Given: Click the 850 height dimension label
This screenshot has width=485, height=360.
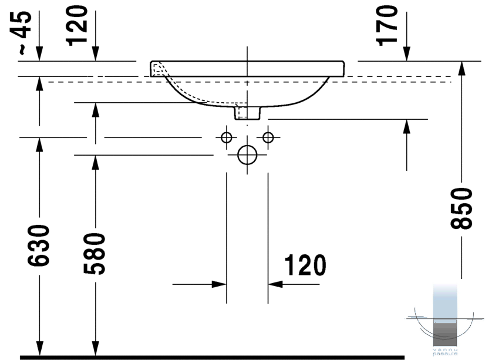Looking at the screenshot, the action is pos(462,208).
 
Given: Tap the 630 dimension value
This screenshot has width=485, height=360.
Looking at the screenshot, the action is pos(39,246).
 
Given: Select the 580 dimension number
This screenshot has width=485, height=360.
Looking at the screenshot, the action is pos(95,254).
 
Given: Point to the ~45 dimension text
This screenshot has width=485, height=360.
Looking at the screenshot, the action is pos(23,32).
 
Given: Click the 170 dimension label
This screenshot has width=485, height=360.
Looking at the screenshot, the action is pos(386,26).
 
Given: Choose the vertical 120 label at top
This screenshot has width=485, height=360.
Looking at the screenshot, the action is pos(77,26).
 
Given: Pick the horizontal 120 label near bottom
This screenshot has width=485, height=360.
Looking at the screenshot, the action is pos(305,265).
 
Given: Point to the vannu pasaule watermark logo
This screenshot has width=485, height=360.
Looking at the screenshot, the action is pos(445,320).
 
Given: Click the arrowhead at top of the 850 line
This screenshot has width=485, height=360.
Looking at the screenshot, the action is pos(462,68).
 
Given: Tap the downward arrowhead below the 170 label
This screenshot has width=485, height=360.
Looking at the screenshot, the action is pos(406,54).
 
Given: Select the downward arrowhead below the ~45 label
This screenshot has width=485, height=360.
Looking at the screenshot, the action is pos(39,54).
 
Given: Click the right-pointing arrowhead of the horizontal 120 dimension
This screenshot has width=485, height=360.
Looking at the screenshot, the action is pos(219,284).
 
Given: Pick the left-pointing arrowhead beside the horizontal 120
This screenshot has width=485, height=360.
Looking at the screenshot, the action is pos(275,284).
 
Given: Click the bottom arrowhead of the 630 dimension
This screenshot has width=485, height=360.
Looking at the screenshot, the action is pos(39,349).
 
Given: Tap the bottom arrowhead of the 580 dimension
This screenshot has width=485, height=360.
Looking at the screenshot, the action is pos(95,349).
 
